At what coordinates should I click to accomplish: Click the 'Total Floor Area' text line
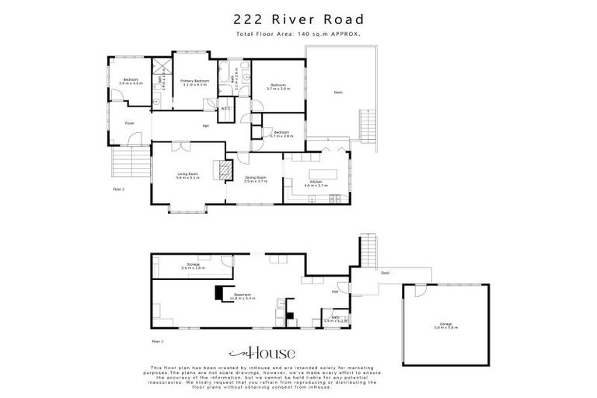298,35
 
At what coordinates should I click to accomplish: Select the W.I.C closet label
225,109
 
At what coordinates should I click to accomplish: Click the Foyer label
130,123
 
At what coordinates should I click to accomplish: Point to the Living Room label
188,176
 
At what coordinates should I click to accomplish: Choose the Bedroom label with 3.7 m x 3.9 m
278,86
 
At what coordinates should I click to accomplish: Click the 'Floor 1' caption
158,340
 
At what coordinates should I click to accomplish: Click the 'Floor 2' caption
119,189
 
